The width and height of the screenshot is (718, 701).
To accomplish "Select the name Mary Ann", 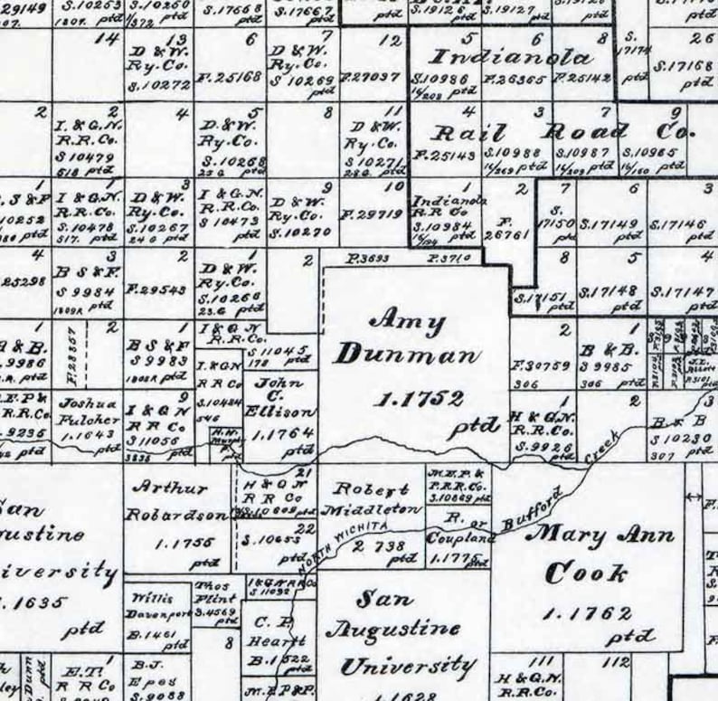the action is pyautogui.click(x=600, y=534).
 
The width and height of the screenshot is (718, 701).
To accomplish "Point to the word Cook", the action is pyautogui.click(x=587, y=573).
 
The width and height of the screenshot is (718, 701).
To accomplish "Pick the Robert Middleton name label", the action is pyautogui.click(x=377, y=499).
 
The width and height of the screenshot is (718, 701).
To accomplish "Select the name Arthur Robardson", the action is pyautogui.click(x=176, y=501).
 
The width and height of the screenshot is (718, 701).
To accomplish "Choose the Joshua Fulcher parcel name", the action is pyautogui.click(x=88, y=412).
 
